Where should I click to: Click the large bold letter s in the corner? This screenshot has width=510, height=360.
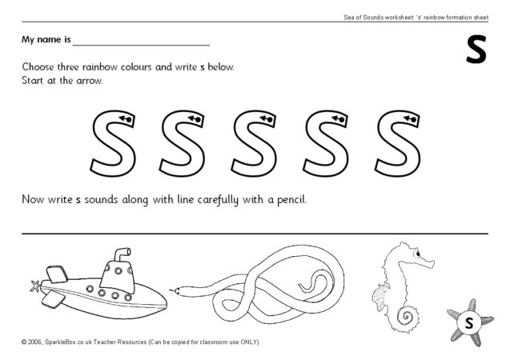[476, 50]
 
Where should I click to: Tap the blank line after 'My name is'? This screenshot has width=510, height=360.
[141, 46]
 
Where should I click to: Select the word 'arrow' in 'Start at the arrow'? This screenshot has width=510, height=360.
[90, 81]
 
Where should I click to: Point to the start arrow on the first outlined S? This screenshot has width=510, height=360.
[126, 119]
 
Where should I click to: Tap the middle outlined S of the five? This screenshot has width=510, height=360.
[255, 143]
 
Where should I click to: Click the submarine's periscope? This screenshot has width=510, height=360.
[122, 254]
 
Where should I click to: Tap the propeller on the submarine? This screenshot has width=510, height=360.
[34, 286]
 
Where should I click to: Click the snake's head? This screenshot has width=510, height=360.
[178, 290]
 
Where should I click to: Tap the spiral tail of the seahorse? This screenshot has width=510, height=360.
[406, 316]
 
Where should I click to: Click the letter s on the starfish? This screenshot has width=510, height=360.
[469, 323]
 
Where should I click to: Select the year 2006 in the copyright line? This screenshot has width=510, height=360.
[34, 342]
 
